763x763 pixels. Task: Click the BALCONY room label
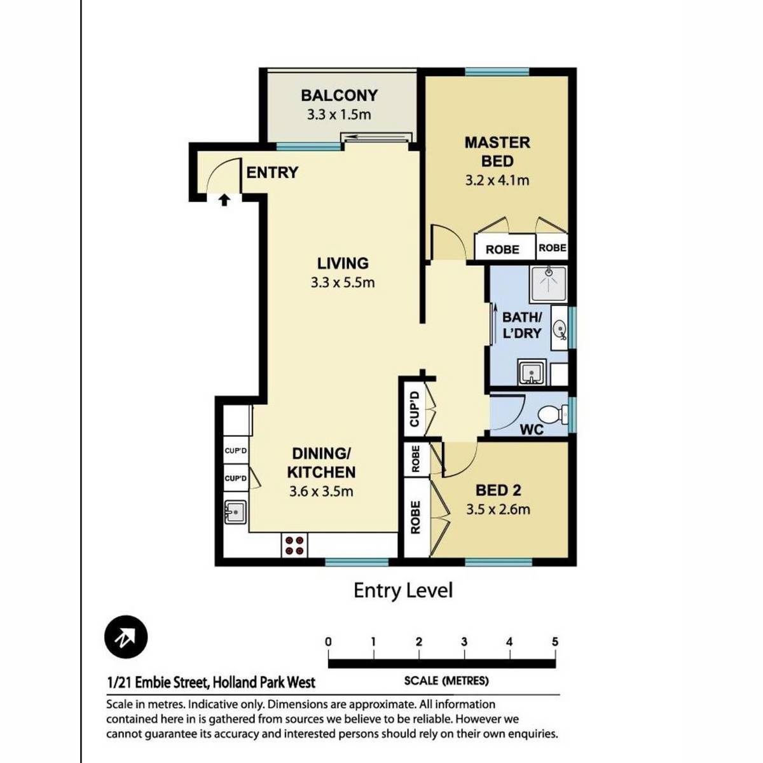(340, 95)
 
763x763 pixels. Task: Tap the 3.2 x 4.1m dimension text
(497, 181)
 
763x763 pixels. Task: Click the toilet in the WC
(554, 414)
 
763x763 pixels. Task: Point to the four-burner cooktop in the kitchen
(294, 545)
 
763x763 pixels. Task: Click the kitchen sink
(236, 512)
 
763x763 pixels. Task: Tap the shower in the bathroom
(549, 284)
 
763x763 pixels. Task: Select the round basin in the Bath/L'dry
(560, 328)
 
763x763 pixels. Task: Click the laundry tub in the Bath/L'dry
(532, 373)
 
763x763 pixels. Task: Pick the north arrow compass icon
(126, 637)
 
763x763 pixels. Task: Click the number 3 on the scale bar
(464, 642)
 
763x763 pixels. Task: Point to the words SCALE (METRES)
(446, 681)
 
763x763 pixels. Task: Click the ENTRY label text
(272, 173)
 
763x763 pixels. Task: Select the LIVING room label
(343, 263)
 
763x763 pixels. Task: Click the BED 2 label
(498, 491)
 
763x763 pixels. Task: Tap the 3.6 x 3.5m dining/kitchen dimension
(321, 491)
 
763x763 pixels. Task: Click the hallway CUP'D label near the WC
(414, 409)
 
